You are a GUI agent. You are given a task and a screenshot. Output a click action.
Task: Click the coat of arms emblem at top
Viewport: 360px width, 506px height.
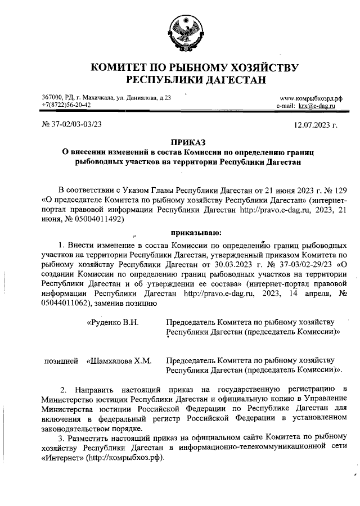(181, 33)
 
